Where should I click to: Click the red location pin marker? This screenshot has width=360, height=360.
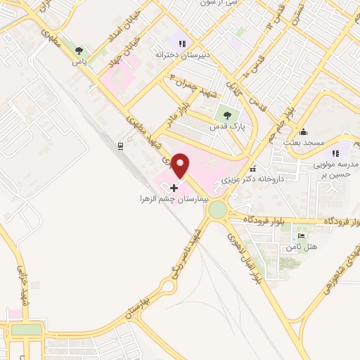[181, 165]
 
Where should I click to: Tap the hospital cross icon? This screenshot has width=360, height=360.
[174, 188]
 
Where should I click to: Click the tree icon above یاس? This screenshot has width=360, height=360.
[79, 51]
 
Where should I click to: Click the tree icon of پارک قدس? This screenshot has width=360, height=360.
[226, 113]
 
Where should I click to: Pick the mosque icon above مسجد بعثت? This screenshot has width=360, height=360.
[303, 131]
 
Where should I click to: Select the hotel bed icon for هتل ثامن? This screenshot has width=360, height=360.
[301, 236]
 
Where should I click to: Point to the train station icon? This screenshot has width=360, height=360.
[121, 146]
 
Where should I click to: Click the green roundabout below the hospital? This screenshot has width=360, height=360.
[217, 210]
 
